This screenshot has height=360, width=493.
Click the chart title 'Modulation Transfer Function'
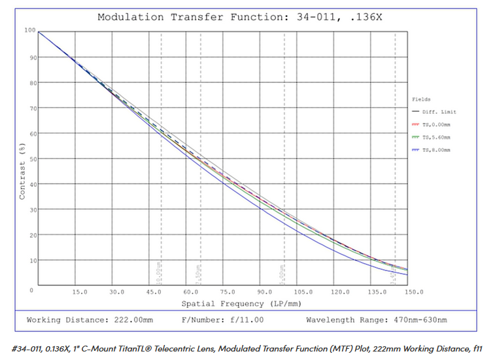(190, 17)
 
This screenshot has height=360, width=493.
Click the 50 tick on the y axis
(30, 159)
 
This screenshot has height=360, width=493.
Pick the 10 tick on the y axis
(30, 261)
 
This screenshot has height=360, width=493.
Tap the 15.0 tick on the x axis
(80, 293)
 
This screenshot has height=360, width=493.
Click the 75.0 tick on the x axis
(228, 293)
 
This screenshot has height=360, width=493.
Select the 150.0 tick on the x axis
(413, 293)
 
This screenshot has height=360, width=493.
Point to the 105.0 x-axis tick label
(302, 293)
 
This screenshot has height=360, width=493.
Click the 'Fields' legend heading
(422, 99)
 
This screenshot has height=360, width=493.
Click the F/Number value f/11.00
(246, 320)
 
